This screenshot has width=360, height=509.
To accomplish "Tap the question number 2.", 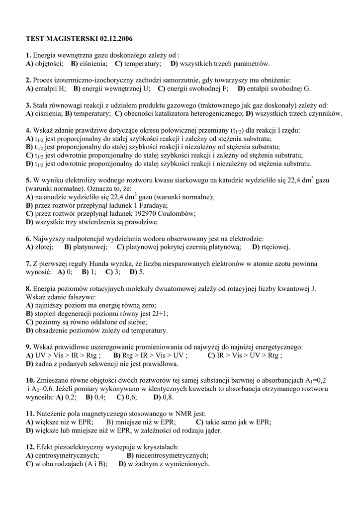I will (28, 80).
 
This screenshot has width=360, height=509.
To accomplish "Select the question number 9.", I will (28, 347).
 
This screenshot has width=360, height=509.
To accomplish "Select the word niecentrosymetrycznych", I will (172, 456).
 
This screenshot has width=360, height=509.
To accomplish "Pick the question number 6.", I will (28, 239).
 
